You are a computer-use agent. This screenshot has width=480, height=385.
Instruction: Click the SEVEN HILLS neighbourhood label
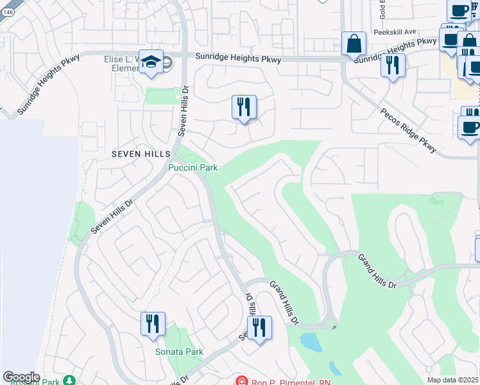pos(141,154)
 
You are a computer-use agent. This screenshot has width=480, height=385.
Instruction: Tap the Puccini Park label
pos(193,168)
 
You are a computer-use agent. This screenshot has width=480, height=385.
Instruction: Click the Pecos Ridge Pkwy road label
pos(409,131)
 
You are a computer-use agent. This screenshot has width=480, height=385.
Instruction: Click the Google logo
pos(21,377)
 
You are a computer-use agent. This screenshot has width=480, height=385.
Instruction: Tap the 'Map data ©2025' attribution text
pos(453,380)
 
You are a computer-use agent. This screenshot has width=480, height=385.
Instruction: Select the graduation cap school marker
pos(151,62)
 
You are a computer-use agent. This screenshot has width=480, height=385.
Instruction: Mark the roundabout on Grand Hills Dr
pos(330,323)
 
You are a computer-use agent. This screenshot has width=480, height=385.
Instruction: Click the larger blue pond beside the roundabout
pos(311,342)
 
